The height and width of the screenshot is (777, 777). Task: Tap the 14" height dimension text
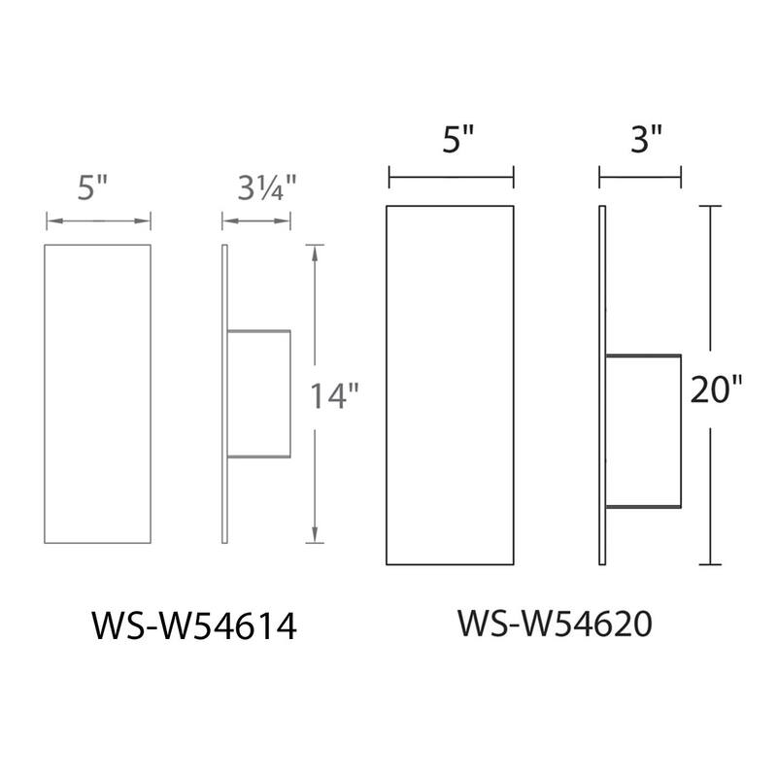(335, 396)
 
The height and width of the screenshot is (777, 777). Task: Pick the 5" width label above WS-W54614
(97, 188)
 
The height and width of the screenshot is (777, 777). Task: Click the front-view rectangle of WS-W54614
(98, 393)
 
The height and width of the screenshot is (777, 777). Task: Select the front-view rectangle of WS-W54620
(451, 386)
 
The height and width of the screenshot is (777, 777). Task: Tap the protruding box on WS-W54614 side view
(259, 393)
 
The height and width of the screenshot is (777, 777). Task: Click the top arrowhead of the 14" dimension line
(315, 251)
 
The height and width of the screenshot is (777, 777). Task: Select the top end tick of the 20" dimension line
(712, 206)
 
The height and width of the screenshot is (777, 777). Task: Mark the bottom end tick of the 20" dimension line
(712, 564)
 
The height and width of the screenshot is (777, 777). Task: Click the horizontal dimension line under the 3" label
(640, 176)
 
